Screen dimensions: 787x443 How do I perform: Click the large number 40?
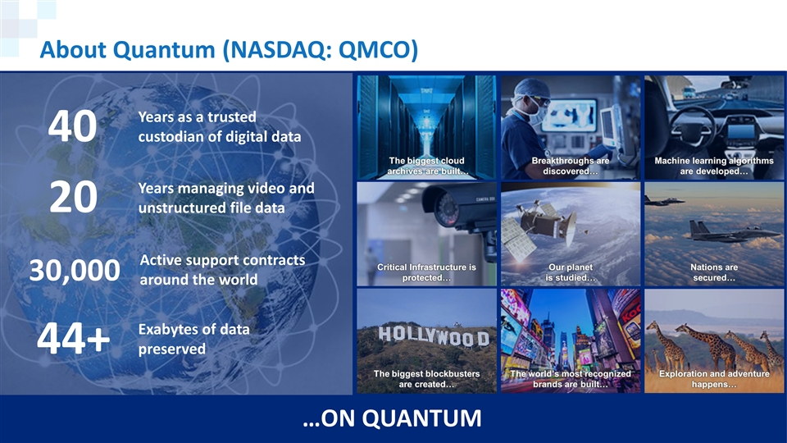[x=72, y=126]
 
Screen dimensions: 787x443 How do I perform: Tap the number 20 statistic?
[x=73, y=197]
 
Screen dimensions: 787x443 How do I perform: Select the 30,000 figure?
[x=75, y=270]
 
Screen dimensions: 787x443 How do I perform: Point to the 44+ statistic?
[x=73, y=338]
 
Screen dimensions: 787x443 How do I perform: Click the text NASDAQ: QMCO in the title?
[x=320, y=50]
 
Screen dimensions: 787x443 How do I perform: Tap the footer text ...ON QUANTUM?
[x=392, y=418]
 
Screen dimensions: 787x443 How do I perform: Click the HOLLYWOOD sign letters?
[x=434, y=336]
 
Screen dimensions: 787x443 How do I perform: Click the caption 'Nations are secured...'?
[x=714, y=272]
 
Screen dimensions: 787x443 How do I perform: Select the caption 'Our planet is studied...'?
[x=571, y=272]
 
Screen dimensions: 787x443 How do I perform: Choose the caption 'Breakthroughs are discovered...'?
[x=571, y=166]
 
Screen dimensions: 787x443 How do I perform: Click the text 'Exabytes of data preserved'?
[x=193, y=339]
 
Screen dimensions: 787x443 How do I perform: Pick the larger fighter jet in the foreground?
[x=730, y=232]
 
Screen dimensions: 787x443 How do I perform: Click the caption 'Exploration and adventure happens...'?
[x=714, y=379]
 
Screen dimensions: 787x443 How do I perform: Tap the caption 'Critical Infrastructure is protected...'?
[x=426, y=272]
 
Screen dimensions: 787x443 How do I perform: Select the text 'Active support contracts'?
[x=222, y=260]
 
